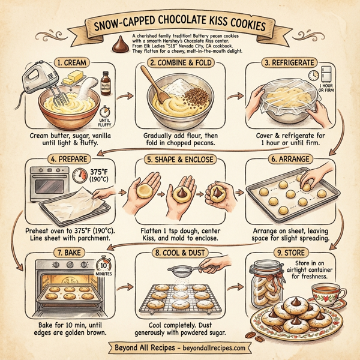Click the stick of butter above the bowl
point(77,77)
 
